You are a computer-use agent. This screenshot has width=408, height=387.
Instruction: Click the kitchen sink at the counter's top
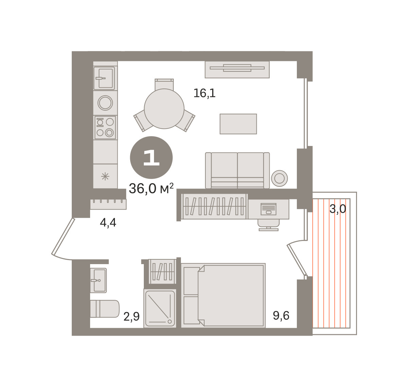105,78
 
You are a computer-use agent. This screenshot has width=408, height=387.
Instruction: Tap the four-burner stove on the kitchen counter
105,127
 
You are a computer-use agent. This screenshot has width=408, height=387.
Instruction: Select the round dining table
164,109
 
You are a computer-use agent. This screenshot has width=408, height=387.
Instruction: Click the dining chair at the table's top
164,84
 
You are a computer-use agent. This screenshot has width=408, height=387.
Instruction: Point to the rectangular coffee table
238,124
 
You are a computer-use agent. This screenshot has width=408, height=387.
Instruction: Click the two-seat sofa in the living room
237,171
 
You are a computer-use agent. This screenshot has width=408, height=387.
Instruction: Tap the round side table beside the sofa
279,178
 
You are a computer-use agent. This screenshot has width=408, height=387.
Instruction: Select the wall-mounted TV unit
237,69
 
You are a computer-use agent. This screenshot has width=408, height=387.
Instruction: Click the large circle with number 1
151,157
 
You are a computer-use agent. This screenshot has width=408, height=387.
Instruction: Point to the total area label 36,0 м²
151,189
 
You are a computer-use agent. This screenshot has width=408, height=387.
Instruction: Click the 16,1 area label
204,93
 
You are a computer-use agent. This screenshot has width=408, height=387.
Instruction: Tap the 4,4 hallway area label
108,223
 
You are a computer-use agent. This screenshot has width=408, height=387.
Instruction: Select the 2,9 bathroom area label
131,317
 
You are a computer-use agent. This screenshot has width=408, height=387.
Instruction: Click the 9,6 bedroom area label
281,316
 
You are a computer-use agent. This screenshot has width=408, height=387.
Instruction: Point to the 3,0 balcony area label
338,209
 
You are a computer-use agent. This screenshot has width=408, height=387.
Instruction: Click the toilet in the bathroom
105,309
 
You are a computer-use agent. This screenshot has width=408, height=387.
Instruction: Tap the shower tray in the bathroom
160,309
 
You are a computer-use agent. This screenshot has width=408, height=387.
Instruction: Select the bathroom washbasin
98,280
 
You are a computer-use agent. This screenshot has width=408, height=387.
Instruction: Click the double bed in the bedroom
223,295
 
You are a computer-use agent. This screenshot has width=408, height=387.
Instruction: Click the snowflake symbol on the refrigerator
105,176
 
